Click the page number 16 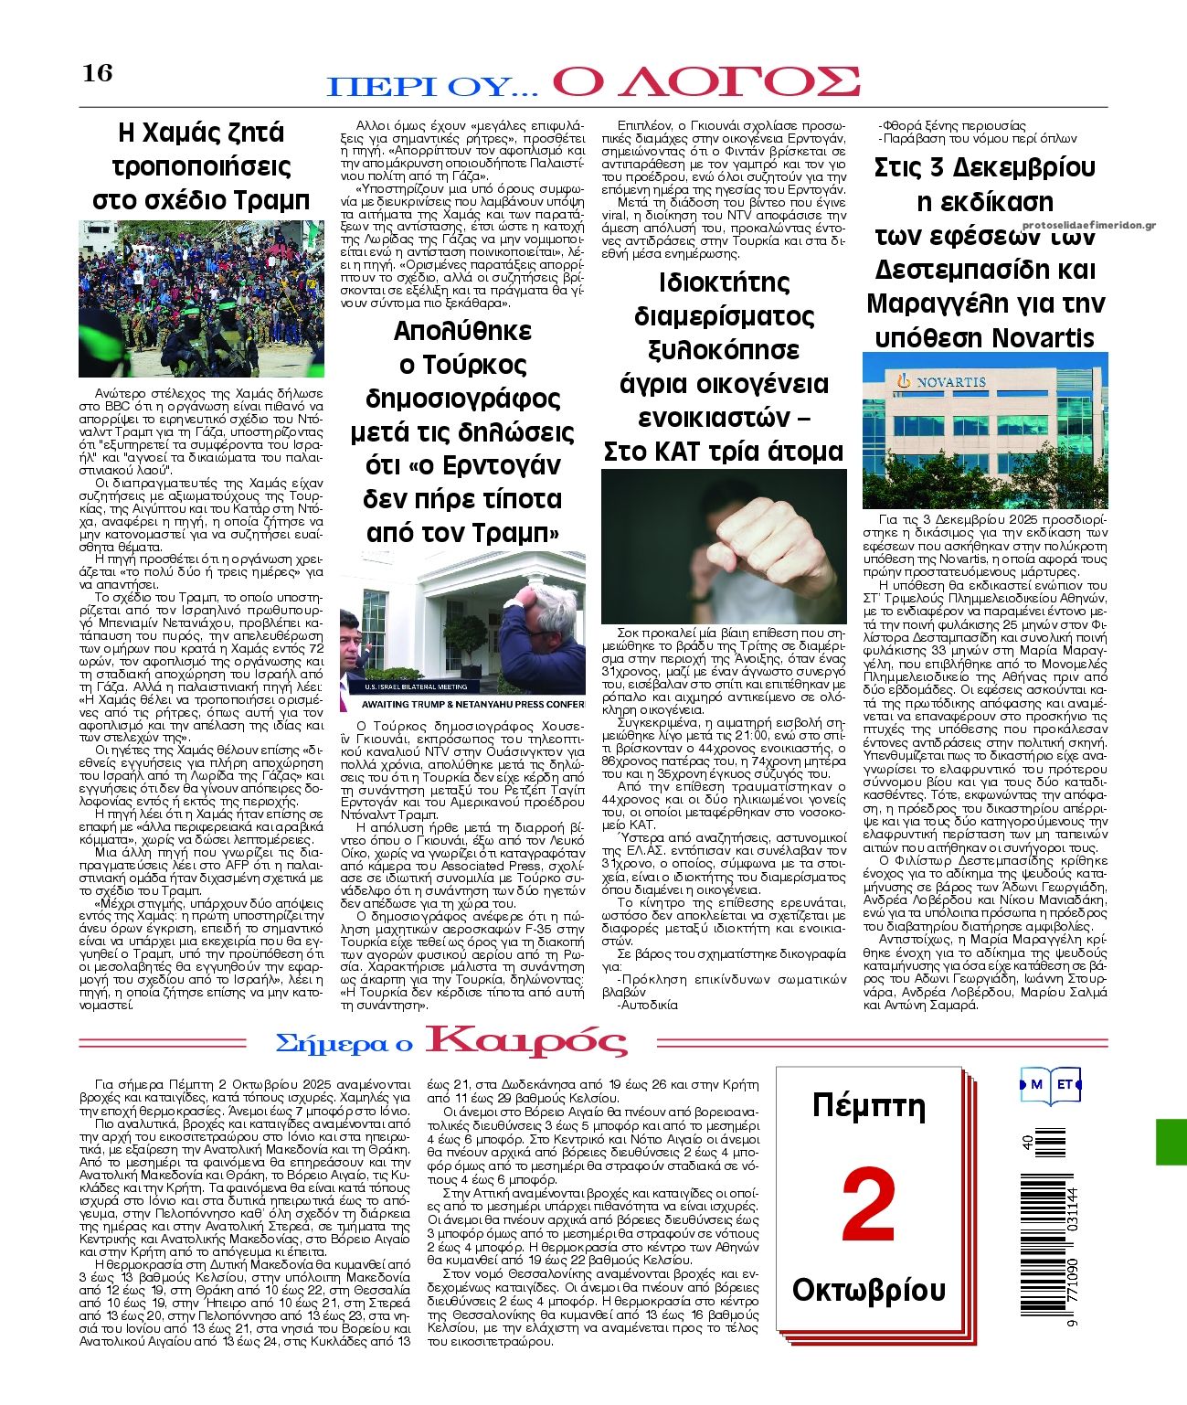click(x=98, y=72)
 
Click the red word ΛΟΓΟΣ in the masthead click(x=706, y=82)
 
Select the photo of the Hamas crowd click(x=201, y=298)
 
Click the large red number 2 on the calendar click(x=868, y=1204)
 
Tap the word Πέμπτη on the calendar click(x=868, y=1106)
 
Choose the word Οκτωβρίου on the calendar click(x=868, y=1290)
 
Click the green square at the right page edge click(x=1171, y=1141)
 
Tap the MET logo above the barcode click(x=1051, y=1084)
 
